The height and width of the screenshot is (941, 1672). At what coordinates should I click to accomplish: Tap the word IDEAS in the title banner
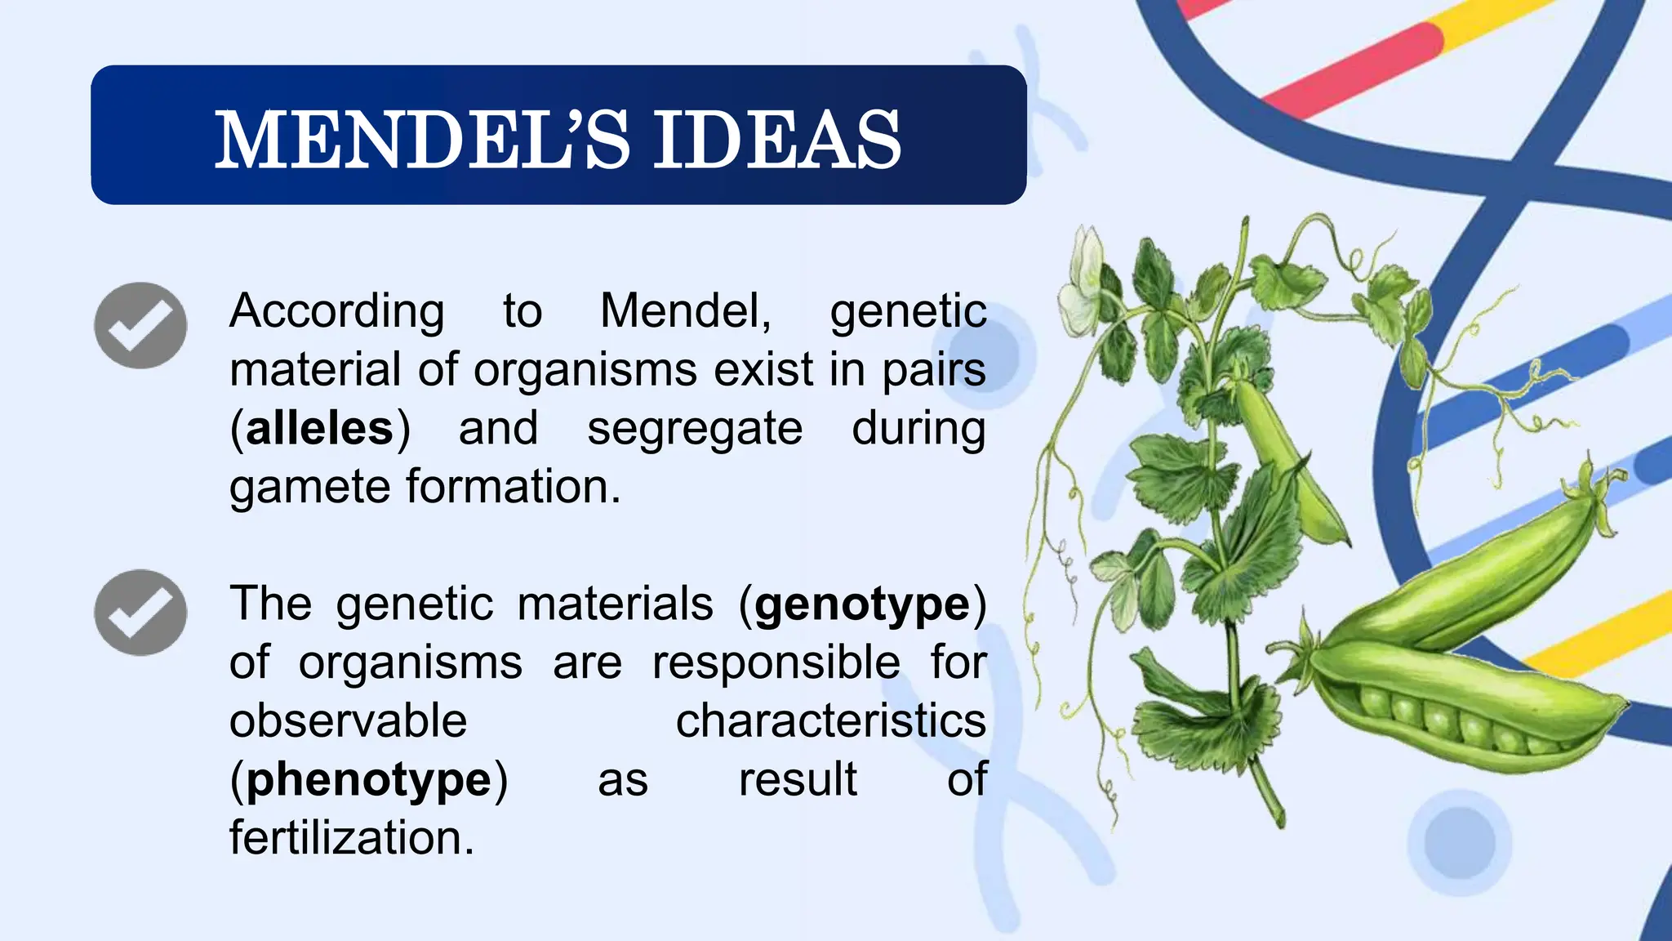pyautogui.click(x=776, y=140)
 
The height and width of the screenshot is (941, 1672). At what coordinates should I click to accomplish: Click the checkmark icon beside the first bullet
pyautogui.click(x=140, y=325)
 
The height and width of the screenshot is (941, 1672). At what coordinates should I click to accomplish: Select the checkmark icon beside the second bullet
pyautogui.click(x=140, y=613)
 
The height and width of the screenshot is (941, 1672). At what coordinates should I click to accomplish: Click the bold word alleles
pyautogui.click(x=319, y=429)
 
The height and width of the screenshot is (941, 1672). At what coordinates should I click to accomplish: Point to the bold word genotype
pyautogui.click(x=862, y=605)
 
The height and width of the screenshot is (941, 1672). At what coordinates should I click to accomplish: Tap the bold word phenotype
pyautogui.click(x=369, y=780)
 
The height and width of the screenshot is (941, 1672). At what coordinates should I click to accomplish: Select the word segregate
pyautogui.click(x=695, y=429)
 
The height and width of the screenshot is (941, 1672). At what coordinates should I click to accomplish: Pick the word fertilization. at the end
pyautogui.click(x=351, y=839)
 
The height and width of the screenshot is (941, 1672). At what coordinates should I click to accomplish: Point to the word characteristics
pyautogui.click(x=830, y=721)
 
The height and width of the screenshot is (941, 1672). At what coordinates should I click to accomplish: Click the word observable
pyautogui.click(x=348, y=721)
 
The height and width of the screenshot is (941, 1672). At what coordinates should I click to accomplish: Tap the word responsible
pyautogui.click(x=776, y=662)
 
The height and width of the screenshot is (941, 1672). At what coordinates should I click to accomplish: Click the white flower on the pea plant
pyautogui.click(x=1082, y=286)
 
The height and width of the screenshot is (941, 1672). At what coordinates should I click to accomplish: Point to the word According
pyautogui.click(x=336, y=311)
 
